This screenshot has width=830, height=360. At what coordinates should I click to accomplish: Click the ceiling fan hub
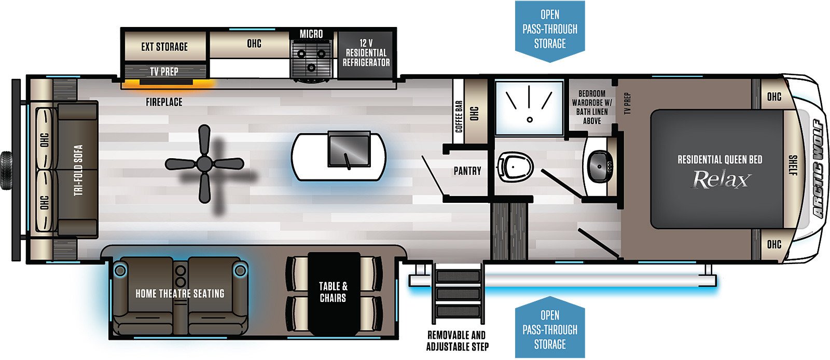pos(204,163)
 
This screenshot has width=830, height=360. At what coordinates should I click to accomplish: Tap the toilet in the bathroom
pos(515,168)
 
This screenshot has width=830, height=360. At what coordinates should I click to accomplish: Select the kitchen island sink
pos(349,148)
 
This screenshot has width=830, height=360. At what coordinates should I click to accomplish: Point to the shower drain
pos(530,120)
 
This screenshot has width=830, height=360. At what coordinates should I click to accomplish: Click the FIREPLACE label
pos(164,102)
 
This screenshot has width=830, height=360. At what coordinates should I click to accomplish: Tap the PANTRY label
pos(467,171)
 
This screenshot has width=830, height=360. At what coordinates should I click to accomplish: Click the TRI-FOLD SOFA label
pos(78,170)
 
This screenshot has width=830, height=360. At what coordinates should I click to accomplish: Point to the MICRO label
pos(311,34)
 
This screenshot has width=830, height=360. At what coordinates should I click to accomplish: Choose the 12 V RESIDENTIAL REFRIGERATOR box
pos(366,55)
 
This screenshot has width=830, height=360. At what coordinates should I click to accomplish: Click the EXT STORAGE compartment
pos(164,46)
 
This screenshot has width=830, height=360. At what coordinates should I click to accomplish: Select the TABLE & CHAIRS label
pos(333,292)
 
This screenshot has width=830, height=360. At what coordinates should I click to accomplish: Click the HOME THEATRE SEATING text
pos(179,294)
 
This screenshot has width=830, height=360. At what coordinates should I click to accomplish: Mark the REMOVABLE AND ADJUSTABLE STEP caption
pos(457,341)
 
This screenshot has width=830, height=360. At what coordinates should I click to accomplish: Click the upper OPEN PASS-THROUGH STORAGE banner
pos(550,30)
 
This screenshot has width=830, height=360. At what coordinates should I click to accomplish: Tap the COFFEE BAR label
pos(459,116)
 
